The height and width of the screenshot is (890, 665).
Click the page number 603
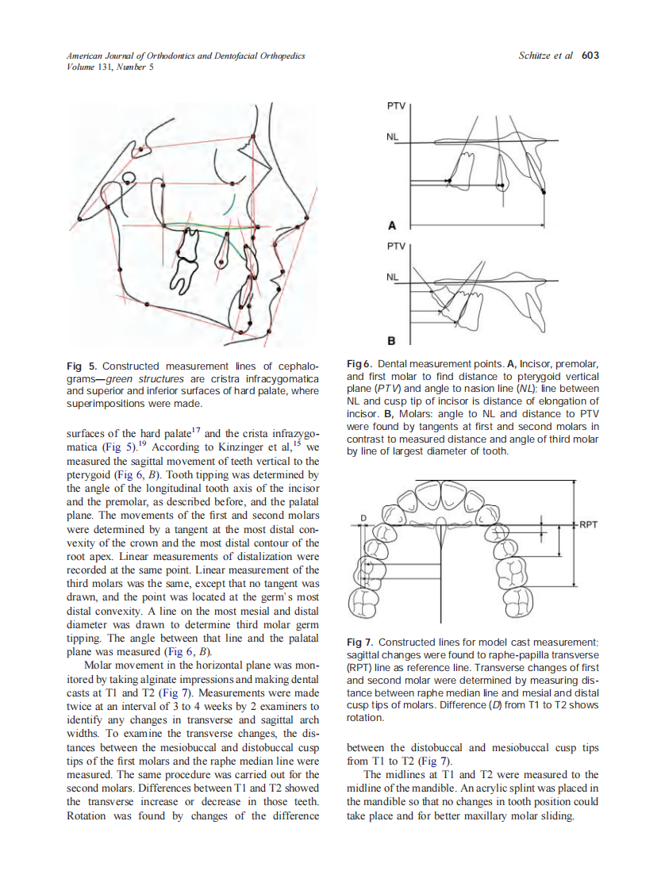coord(590,56)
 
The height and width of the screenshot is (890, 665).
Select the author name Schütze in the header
coord(536,56)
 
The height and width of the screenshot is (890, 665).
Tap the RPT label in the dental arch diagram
coord(590,524)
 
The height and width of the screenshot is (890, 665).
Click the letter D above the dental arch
coord(364,518)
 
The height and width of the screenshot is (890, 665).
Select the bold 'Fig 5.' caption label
coord(82,366)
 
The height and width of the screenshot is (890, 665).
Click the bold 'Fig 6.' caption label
coord(362,363)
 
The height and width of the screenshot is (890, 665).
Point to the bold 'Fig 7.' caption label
coord(362,642)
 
